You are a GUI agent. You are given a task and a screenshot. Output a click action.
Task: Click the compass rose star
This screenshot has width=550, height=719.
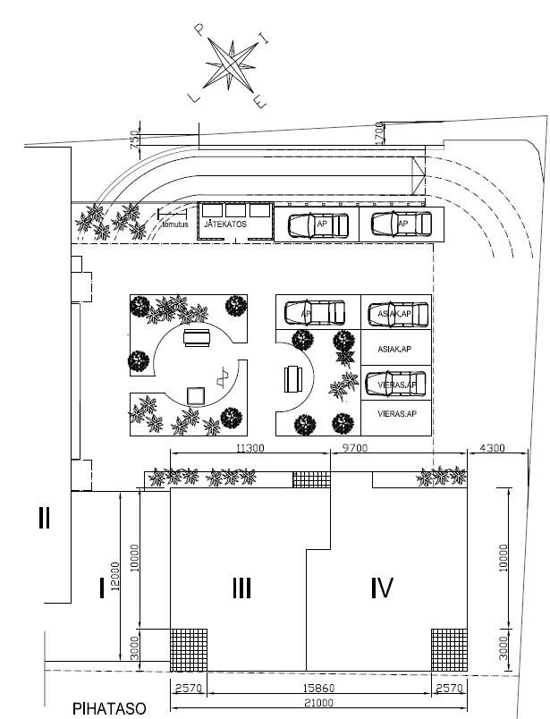231,65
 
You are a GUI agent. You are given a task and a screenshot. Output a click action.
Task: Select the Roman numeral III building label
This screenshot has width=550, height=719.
241,588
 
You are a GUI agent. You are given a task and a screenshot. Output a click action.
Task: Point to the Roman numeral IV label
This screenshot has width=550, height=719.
382,588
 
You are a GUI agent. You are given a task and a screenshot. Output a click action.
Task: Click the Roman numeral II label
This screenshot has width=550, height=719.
43,517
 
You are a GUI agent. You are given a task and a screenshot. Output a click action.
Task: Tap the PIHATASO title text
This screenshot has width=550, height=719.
109,709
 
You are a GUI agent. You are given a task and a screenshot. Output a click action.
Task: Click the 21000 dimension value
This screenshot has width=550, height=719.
317,704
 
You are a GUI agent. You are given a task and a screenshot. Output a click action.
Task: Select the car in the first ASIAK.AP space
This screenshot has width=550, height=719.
397,314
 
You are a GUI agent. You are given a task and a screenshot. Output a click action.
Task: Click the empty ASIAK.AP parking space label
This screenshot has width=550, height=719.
394,350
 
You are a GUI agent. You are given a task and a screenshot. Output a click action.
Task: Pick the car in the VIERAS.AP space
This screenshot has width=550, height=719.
397,385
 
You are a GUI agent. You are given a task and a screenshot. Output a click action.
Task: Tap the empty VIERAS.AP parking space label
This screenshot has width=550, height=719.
396,414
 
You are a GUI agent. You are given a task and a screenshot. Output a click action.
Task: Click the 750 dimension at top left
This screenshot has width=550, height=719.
135,141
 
